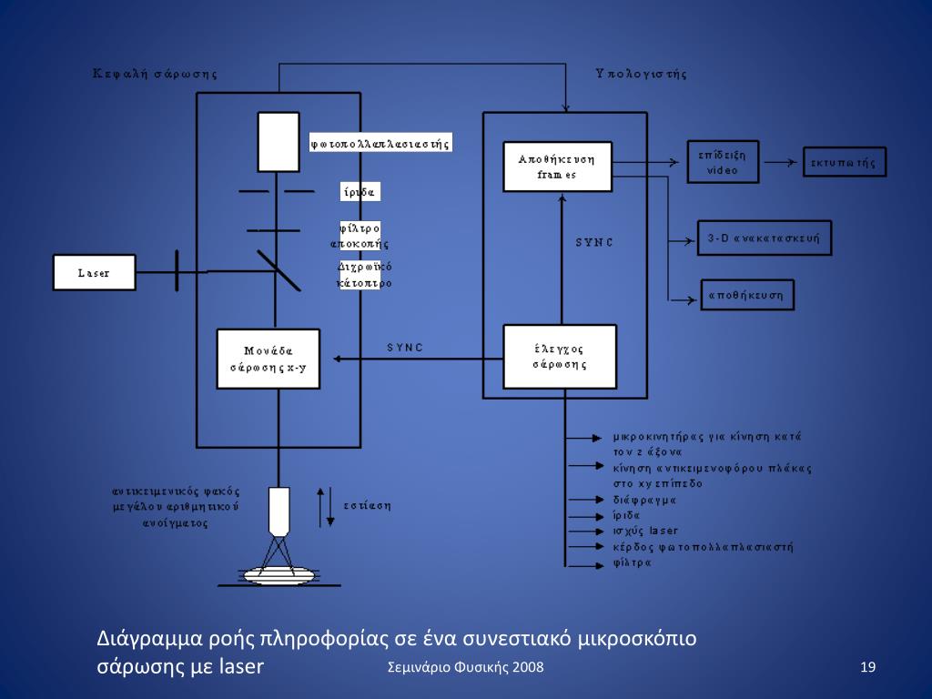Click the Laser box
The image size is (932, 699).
click(94, 272)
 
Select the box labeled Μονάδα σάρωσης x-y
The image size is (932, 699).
click(268, 358)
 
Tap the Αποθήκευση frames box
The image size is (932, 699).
click(557, 166)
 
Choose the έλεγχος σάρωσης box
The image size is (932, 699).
click(560, 355)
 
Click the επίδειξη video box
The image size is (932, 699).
click(724, 163)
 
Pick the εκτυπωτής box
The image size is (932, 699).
click(844, 163)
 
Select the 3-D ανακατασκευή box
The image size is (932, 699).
click(764, 238)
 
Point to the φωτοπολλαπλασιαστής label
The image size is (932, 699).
click(380, 143)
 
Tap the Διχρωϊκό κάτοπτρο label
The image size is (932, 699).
click(364, 274)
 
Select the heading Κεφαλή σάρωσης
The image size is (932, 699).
click(155, 74)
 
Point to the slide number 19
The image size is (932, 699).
click(867, 668)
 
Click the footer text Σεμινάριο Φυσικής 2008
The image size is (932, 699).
click(465, 668)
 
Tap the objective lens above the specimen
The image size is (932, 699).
click(279, 511)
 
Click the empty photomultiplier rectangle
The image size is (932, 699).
click(278, 141)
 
